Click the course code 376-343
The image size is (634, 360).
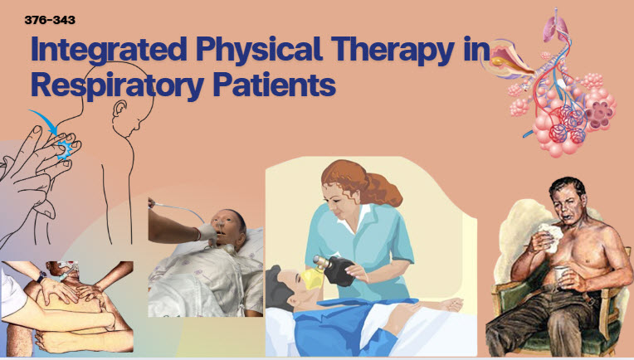50,20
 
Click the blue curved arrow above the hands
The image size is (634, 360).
44,121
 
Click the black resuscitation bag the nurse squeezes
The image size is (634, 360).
337,270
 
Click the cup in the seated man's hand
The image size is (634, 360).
561,275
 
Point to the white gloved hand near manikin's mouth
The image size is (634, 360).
207,234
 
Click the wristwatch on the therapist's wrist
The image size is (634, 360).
41,277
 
